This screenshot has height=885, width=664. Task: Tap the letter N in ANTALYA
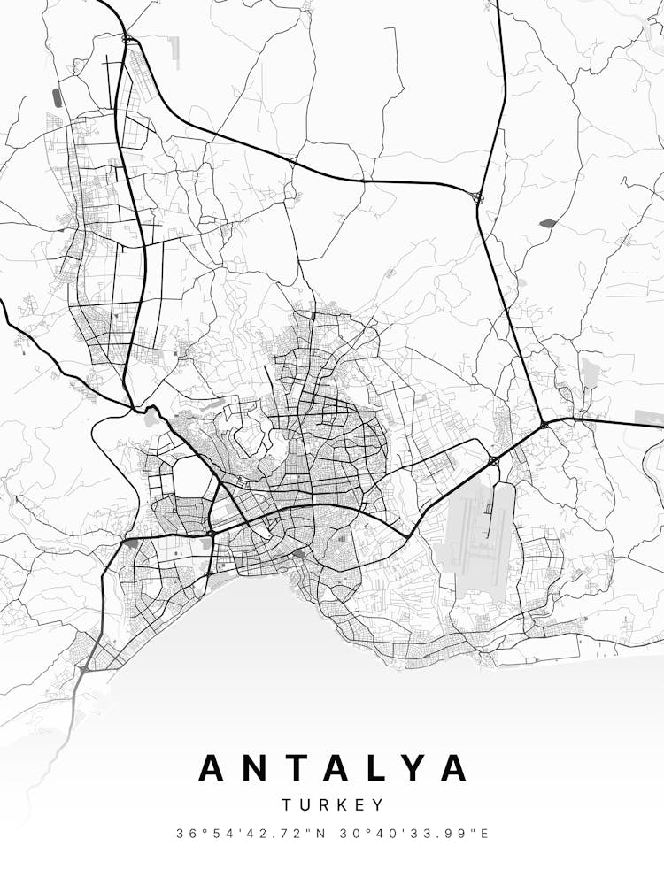coord(259,767)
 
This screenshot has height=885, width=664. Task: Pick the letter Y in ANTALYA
coord(420,767)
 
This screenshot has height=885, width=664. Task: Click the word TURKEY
coord(333,805)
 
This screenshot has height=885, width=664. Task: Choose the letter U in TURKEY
coord(304,805)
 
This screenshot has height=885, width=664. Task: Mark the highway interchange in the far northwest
coord(127,39)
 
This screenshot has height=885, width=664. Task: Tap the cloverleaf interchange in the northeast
coord(478,197)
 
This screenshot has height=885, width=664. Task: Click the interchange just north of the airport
coord(492,460)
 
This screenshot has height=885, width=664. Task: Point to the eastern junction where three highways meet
coord(543,426)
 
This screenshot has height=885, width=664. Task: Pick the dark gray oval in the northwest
coord(58,97)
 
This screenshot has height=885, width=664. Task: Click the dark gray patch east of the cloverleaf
coord(546,223)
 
